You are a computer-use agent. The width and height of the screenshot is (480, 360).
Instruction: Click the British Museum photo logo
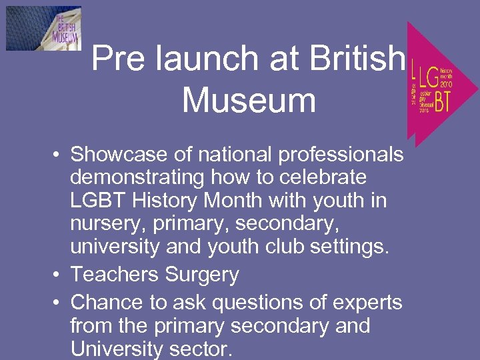pyautogui.click(x=43, y=28)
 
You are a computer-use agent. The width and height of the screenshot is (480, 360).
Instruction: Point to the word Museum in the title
pyautogui.click(x=249, y=101)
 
